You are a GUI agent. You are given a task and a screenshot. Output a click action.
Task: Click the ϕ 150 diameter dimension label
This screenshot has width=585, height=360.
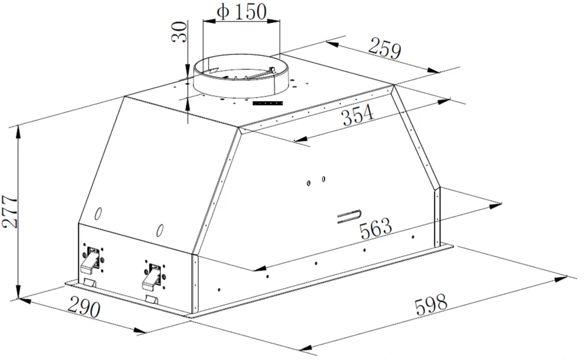coord(242,12)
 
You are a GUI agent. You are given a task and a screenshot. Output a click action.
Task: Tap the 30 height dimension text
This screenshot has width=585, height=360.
coord(179,32)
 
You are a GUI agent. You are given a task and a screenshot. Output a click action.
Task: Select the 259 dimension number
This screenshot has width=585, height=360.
coord(385,49)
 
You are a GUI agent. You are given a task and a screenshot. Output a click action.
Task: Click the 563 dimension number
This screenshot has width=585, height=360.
coord(376,228)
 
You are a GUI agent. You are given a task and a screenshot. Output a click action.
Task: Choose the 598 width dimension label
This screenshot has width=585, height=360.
coord(431,304)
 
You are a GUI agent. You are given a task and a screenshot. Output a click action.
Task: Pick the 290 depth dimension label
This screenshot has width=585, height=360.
coord(84,307)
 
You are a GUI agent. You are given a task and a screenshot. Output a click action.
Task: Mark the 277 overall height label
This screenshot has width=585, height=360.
coord(10,211)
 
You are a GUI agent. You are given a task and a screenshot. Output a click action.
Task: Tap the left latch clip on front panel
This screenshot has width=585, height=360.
coord(92,259)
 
